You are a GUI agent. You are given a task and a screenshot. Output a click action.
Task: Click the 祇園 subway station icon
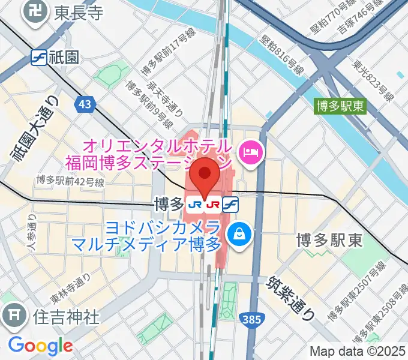(39, 57)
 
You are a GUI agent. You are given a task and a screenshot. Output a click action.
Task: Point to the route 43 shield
(85, 104)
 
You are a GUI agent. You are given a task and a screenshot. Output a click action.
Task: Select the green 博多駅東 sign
(340, 106)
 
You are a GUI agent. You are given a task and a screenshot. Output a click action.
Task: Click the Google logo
(40, 346)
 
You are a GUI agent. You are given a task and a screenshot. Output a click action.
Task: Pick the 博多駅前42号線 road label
(70, 179)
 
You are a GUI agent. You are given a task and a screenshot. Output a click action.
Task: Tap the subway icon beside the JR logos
(229, 205)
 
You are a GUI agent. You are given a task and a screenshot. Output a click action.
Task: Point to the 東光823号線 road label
(372, 81)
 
